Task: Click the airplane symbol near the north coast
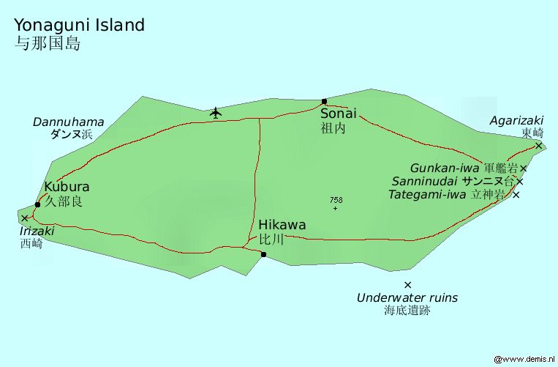[x=215, y=112]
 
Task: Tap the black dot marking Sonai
[x=324, y=101]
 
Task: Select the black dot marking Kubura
[x=37, y=204]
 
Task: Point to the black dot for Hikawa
[x=263, y=254]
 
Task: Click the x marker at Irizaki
[x=25, y=218]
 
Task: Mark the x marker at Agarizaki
[x=538, y=145]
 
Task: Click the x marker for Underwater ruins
[x=407, y=284]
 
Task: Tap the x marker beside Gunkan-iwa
[x=524, y=168]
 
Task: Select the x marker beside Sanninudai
[x=520, y=181]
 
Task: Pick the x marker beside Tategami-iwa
[x=516, y=195]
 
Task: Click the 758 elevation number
[x=336, y=200]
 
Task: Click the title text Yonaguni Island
[x=79, y=25]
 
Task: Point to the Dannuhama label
[x=68, y=122]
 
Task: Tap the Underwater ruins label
[x=407, y=298]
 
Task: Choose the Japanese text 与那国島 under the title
[x=47, y=43]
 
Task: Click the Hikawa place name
[x=282, y=225]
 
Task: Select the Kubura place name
[x=67, y=187]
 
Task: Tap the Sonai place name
[x=339, y=114]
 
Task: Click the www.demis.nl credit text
[x=525, y=360]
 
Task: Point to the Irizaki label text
[x=37, y=231]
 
